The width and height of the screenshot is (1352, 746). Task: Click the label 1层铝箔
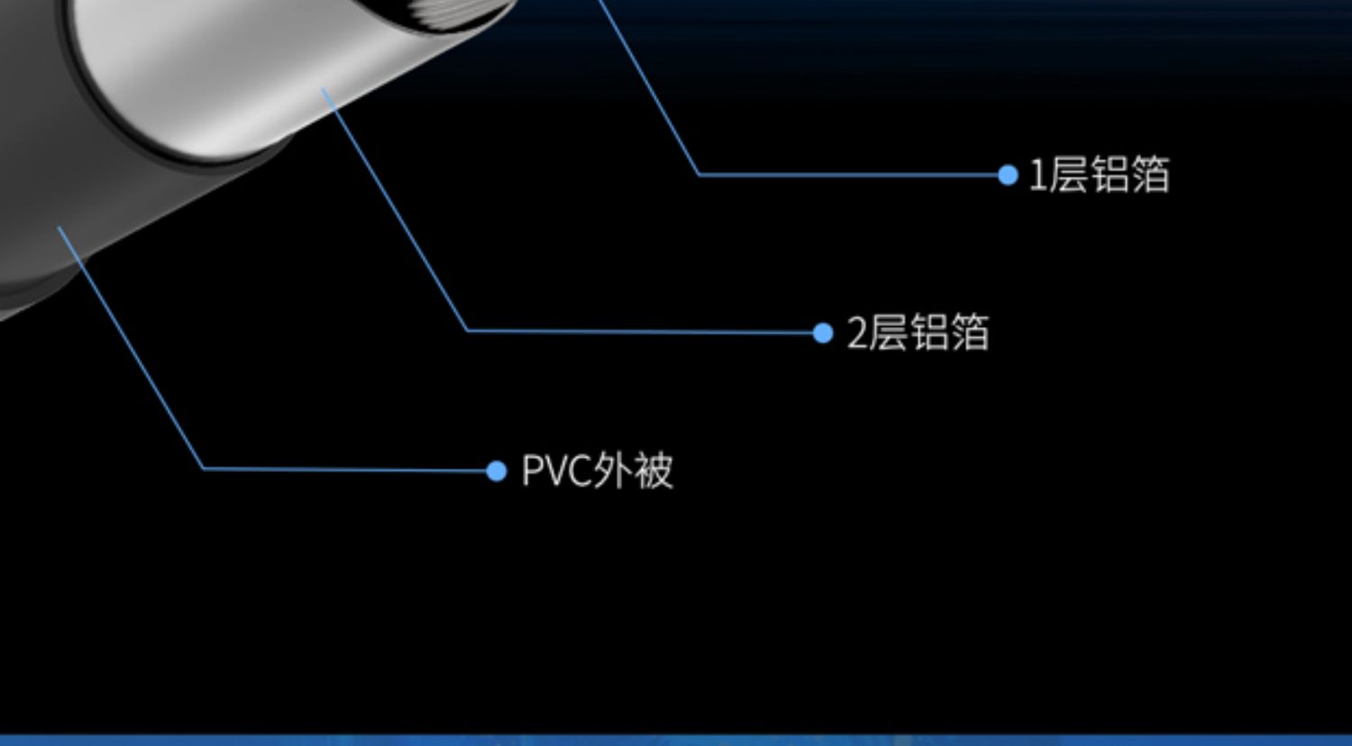[1099, 175]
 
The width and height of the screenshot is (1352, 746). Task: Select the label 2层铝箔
[918, 332]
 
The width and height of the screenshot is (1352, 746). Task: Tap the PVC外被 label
[597, 471]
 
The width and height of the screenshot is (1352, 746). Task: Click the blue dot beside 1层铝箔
[1008, 175]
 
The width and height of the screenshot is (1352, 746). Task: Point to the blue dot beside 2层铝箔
[822, 333]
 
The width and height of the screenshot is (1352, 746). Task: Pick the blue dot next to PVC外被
[496, 471]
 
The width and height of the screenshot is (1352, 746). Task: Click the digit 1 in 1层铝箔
[1037, 175]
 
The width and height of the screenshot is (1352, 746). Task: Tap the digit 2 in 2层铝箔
[856, 333]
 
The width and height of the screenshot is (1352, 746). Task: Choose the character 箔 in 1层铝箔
[1151, 175]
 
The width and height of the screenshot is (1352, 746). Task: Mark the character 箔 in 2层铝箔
[970, 332]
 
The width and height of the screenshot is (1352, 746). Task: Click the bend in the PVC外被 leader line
[204, 469]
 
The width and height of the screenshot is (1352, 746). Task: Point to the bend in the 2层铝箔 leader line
[467, 331]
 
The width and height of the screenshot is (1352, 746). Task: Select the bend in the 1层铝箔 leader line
[699, 174]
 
